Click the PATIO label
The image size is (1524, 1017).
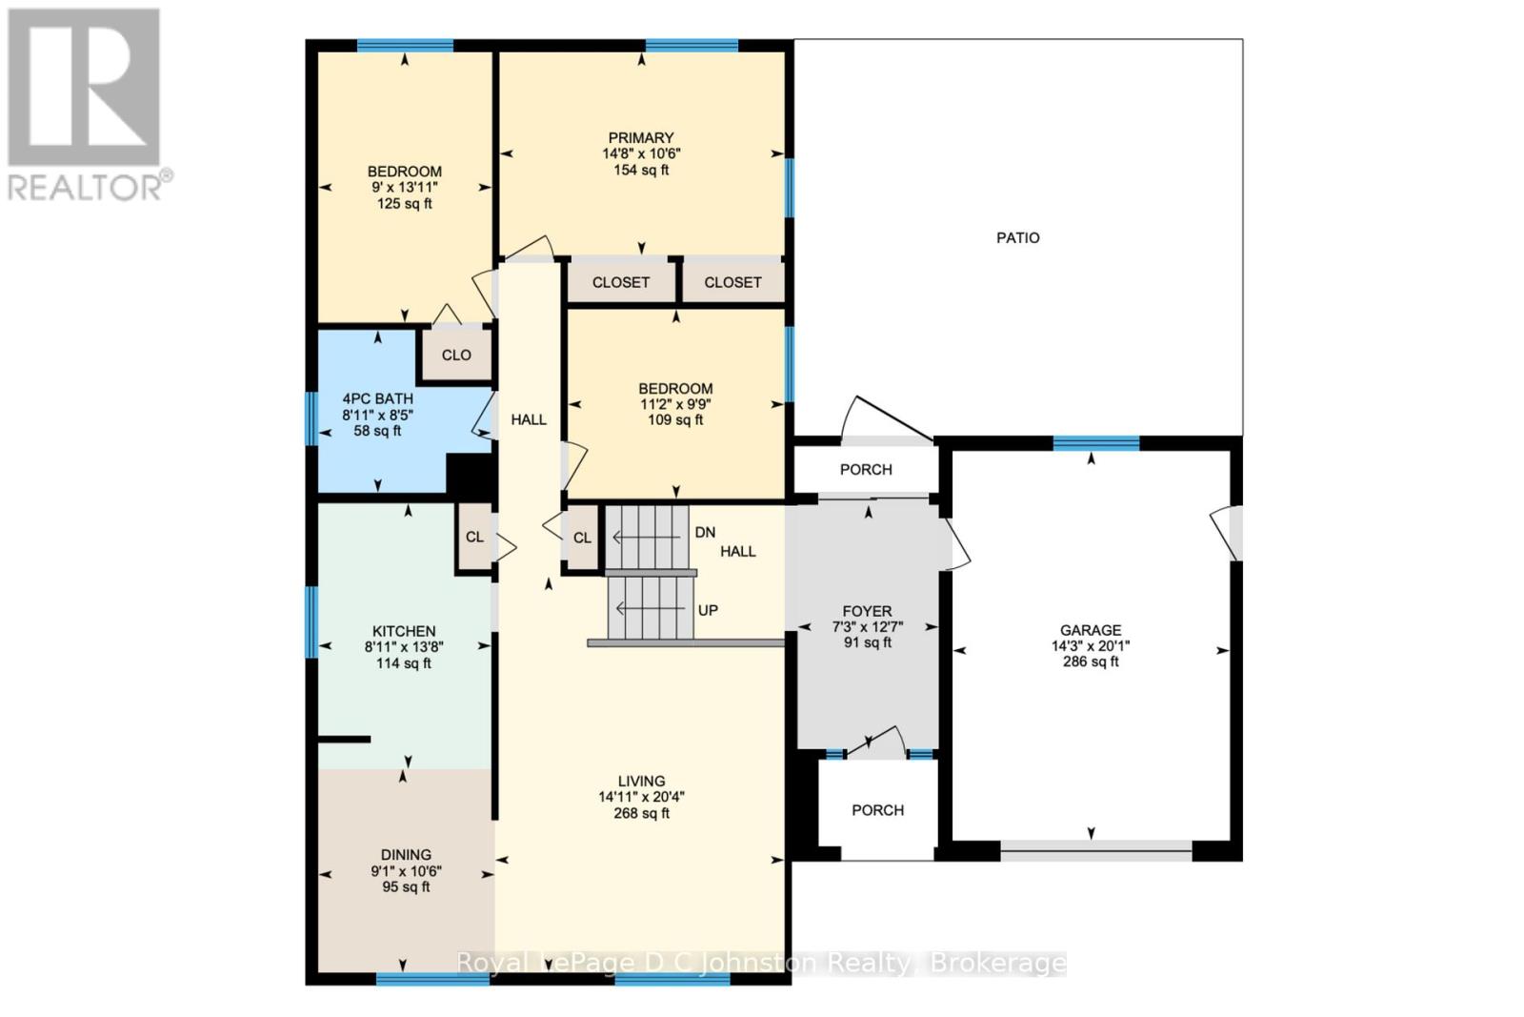pos(1017,238)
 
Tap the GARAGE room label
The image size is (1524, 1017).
pos(1091,630)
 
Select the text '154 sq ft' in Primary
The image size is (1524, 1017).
pos(641,171)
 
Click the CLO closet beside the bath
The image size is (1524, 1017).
pos(456,356)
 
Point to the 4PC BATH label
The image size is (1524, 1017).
pos(378,399)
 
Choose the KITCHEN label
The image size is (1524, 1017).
pos(404,631)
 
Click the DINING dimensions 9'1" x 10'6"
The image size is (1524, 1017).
pos(406,871)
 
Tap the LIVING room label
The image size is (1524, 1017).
pos(641,781)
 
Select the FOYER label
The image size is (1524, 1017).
pos(867,612)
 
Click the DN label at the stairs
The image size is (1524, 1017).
pos(705,533)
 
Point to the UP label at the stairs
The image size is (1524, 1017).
pos(708,610)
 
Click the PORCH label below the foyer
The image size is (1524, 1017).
pos(877,810)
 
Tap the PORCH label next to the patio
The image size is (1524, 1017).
pos(866,470)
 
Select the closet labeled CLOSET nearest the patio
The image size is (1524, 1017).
pos(732,283)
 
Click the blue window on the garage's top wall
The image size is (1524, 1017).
pos(1095,443)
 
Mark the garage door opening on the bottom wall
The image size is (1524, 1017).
pos(1095,851)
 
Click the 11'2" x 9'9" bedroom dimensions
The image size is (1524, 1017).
pos(675,404)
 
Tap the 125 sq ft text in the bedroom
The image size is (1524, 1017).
pos(405,204)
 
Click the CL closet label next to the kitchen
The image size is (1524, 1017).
pos(474,538)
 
